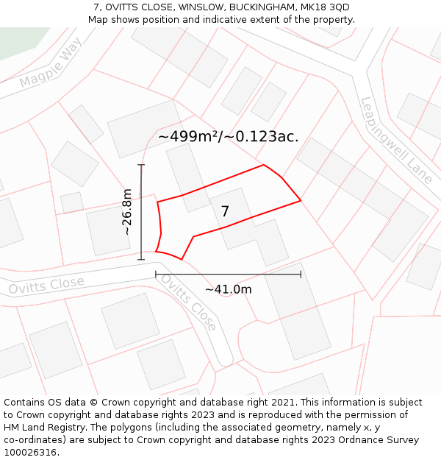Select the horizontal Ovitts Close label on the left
coord(46,286)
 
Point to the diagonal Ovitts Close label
coord(189,302)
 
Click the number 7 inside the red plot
coord(225,212)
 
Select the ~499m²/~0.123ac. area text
coord(228,137)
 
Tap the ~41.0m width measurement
coord(228,289)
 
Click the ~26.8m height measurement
coord(127,211)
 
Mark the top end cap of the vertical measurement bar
coord(141,164)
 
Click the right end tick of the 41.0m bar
coord(301,275)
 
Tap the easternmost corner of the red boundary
coord(301,200)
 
